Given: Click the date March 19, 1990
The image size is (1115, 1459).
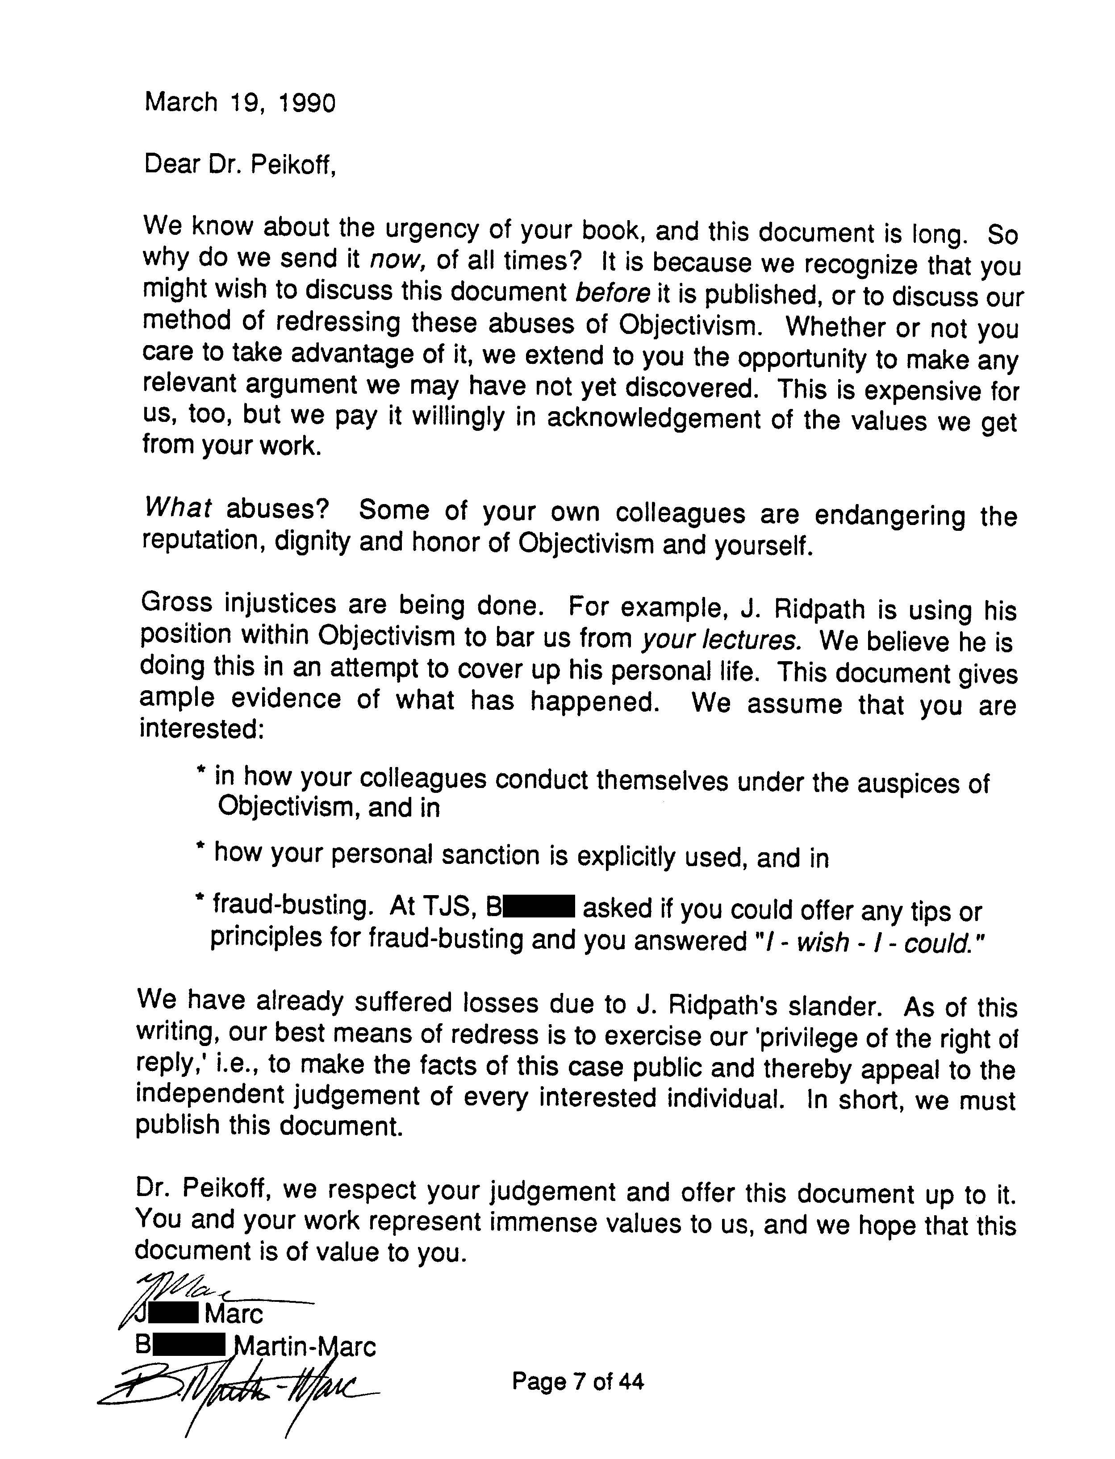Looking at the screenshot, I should click(240, 103).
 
